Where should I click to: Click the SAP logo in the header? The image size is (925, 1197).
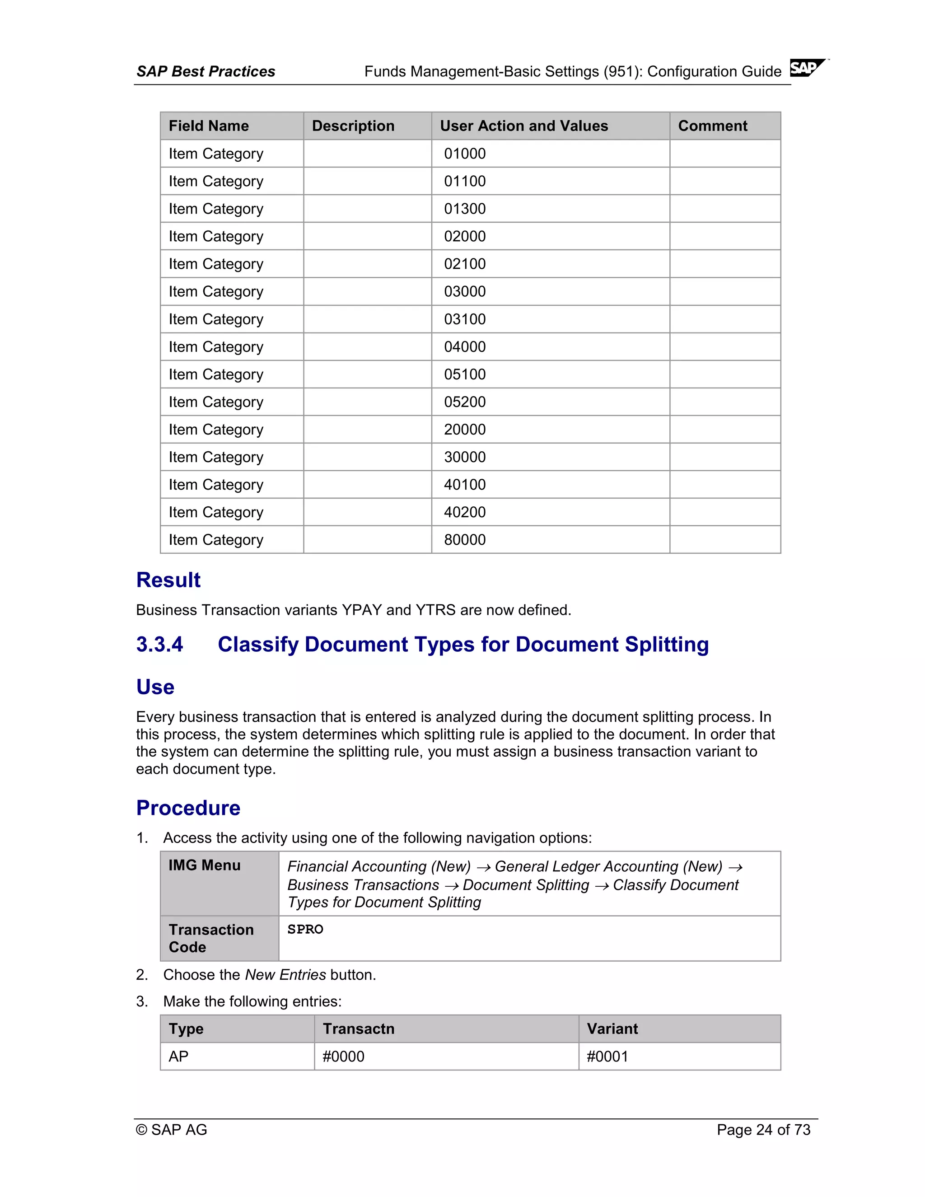coord(807,68)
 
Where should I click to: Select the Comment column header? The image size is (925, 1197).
coord(712,126)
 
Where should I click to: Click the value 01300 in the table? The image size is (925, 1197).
coord(464,209)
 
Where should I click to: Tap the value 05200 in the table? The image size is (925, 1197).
coord(464,402)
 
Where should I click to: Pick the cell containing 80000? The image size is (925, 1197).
coord(464,540)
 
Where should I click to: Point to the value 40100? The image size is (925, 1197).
coord(464,485)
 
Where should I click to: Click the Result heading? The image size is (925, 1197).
coord(168,580)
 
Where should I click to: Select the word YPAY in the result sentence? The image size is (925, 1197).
coord(362,610)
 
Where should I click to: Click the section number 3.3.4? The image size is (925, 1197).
coord(159,645)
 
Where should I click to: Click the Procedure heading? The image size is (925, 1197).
coord(188,808)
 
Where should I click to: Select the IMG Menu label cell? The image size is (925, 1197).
coord(205,865)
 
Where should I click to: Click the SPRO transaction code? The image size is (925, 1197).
coord(305,930)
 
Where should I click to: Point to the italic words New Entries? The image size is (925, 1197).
coord(285,975)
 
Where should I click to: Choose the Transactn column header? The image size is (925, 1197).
coord(358,1029)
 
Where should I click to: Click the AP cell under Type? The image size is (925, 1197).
coord(179,1056)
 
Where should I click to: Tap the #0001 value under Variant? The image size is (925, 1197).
coord(607,1056)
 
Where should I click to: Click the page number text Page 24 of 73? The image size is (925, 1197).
coord(763,1130)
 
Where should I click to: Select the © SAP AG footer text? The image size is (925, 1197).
coord(172,1130)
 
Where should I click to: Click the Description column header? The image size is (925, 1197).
coord(353,126)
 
